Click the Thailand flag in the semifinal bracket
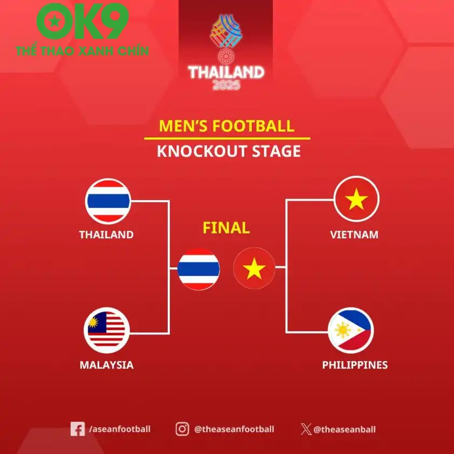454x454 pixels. click(108, 201)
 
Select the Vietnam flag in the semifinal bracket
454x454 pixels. click(356, 200)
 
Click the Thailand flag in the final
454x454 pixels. click(198, 269)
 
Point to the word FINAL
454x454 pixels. click(226, 228)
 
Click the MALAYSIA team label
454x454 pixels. click(106, 365)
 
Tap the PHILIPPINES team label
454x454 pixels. click(355, 365)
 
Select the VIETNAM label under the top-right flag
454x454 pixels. click(354, 235)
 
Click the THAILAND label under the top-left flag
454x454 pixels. click(106, 235)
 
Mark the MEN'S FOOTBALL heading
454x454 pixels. click(226, 126)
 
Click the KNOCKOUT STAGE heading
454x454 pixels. click(229, 151)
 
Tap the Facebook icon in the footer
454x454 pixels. click(78, 429)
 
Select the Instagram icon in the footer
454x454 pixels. click(182, 429)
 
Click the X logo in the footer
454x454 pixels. click(306, 430)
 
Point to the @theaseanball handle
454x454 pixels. click(345, 430)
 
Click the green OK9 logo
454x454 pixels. click(82, 22)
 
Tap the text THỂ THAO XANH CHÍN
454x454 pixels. click(82, 51)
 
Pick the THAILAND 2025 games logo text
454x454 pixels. click(226, 76)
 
